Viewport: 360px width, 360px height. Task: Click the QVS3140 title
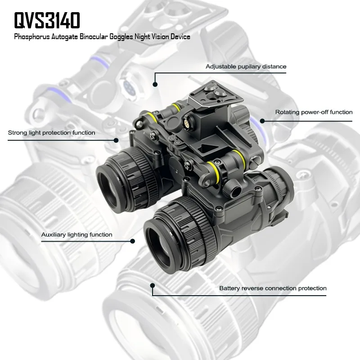tap(47, 20)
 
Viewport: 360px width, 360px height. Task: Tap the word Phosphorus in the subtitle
tap(32, 37)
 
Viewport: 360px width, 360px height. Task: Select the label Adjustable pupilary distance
tap(246, 67)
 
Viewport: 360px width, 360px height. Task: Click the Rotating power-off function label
tap(314, 112)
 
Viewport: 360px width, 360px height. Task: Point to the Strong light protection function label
tap(51, 133)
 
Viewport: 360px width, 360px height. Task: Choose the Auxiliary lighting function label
tap(76, 234)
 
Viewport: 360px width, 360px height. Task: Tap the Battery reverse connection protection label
tap(273, 288)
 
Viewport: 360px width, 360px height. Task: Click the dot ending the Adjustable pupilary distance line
tap(155, 85)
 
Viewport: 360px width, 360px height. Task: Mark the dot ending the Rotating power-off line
tap(262, 121)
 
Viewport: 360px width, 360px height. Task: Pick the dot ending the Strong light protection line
tap(116, 140)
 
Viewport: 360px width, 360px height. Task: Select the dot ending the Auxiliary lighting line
tap(132, 241)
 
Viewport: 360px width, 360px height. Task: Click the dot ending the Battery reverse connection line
tap(153, 285)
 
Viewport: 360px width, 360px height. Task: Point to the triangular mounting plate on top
tap(215, 94)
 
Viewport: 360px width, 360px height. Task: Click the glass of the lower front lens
tap(161, 247)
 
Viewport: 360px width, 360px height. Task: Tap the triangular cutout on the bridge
tap(206, 148)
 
